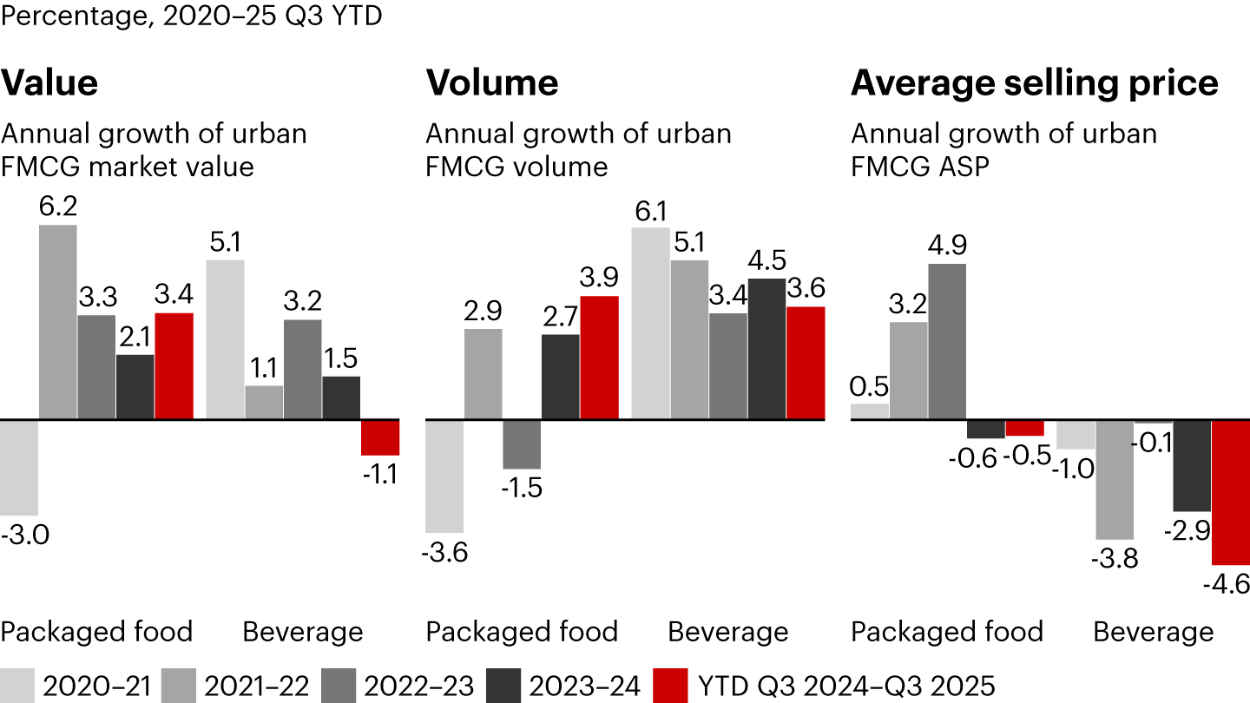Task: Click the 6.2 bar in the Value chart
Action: (x=58, y=322)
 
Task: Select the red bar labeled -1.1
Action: (x=379, y=437)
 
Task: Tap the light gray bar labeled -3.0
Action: (x=18, y=468)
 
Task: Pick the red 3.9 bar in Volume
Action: (x=599, y=358)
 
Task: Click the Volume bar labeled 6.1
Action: (x=650, y=324)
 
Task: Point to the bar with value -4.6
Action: (x=1230, y=492)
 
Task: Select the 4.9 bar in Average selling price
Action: (x=946, y=341)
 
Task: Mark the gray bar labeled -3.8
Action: (x=1115, y=479)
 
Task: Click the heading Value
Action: (x=49, y=83)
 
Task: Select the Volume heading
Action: (x=491, y=83)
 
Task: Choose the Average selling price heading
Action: (x=1034, y=83)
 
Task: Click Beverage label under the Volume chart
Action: (x=727, y=632)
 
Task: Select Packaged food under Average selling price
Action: (x=946, y=632)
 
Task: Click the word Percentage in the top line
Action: (x=75, y=16)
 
